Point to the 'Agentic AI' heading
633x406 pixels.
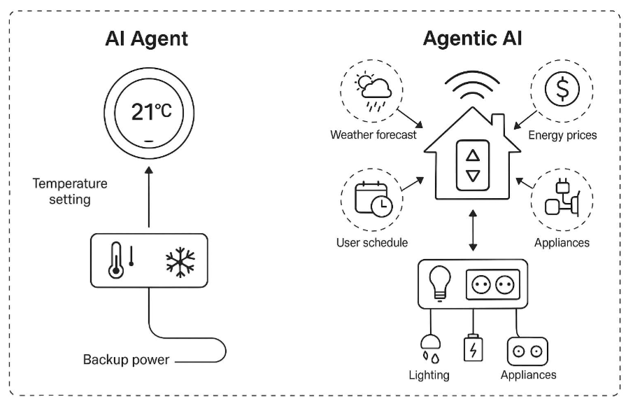pyautogui.click(x=472, y=38)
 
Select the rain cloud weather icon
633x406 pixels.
pyautogui.click(x=373, y=90)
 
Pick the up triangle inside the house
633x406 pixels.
pyautogui.click(x=474, y=156)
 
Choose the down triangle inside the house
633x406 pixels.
pyautogui.click(x=474, y=176)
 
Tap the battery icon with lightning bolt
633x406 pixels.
pyautogui.click(x=474, y=347)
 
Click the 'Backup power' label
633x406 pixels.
pyautogui.click(x=126, y=360)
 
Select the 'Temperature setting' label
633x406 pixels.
pyautogui.click(x=70, y=191)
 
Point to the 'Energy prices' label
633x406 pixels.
pyautogui.click(x=562, y=134)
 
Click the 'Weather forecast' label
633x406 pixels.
pyautogui.click(x=374, y=134)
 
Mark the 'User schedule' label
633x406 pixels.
pyautogui.click(x=372, y=242)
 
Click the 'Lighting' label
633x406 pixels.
pyautogui.click(x=429, y=374)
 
